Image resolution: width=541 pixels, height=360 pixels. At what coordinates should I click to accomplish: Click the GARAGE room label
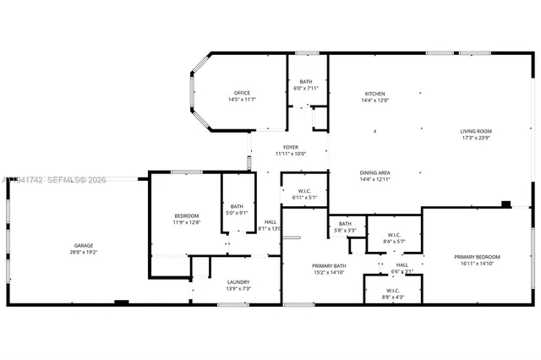(82, 245)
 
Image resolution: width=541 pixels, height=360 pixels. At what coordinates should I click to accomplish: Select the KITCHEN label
(374, 93)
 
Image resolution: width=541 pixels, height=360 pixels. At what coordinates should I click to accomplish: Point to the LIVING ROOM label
(476, 131)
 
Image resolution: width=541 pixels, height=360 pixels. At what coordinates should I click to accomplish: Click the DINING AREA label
(374, 172)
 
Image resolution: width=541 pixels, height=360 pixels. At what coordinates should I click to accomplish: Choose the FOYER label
(290, 147)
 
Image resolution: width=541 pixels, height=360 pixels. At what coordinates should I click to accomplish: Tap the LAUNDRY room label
(238, 282)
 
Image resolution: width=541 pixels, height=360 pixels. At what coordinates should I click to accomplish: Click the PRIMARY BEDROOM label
(477, 257)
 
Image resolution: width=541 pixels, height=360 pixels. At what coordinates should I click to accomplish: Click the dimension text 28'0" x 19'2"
(82, 252)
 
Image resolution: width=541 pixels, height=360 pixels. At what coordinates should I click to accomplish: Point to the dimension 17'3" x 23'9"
(476, 138)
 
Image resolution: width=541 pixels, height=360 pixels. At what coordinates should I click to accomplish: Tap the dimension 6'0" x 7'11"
(305, 88)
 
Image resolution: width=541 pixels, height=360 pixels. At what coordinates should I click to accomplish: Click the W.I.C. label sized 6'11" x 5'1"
(304, 191)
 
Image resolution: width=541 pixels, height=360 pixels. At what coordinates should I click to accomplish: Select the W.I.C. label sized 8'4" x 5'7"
(396, 235)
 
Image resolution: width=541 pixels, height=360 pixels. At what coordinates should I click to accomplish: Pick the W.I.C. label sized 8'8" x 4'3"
(393, 290)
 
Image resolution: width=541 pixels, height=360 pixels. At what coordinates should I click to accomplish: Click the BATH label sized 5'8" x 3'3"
(345, 224)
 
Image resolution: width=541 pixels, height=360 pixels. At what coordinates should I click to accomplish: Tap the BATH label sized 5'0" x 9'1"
(237, 205)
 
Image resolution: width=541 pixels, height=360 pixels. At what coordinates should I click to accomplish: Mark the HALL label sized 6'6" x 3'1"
(402, 265)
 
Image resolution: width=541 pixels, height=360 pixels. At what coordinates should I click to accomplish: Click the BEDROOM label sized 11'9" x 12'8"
(187, 215)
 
